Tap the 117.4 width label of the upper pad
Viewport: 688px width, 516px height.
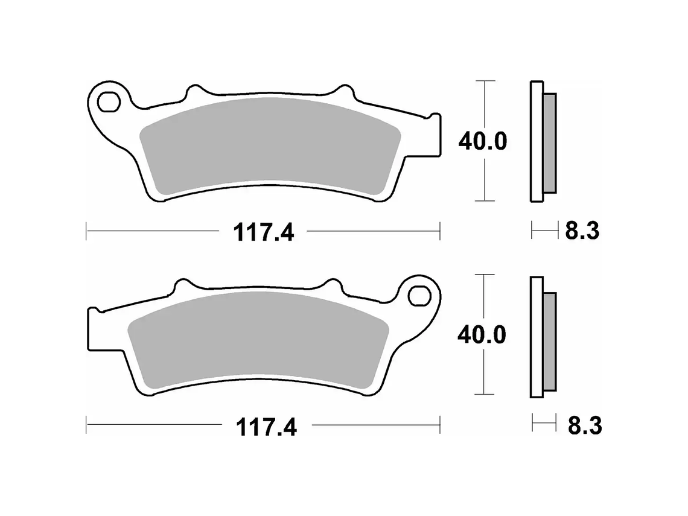point(264,232)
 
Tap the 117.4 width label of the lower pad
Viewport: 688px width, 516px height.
point(266,427)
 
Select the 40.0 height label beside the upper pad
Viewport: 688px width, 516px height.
point(483,142)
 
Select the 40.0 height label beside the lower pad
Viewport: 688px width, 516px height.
point(482,335)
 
